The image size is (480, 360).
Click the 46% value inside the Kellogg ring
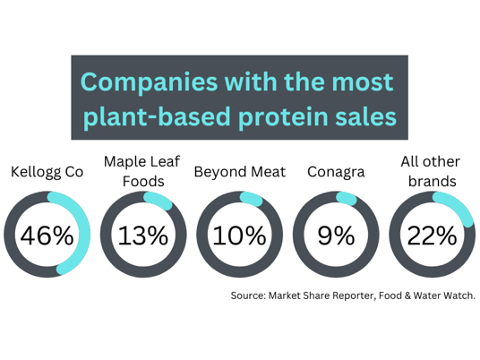tap(47, 236)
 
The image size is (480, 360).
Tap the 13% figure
tap(143, 236)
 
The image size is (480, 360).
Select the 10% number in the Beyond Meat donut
tap(239, 236)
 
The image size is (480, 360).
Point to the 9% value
tap(336, 236)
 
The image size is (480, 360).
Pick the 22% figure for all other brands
tap(432, 236)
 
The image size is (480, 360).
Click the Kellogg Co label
tap(47, 172)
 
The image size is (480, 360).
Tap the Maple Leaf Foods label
tap(142, 171)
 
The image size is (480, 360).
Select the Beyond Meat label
tap(240, 172)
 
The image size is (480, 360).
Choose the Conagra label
tap(336, 172)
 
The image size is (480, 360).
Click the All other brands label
tap(431, 171)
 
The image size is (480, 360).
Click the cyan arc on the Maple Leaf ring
tap(159, 200)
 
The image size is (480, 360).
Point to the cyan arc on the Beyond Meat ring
tap(252, 199)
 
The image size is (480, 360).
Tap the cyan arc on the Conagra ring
tap(347, 198)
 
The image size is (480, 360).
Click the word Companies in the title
tap(149, 83)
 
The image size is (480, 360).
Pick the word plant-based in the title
tap(157, 116)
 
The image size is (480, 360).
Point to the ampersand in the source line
tap(407, 296)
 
